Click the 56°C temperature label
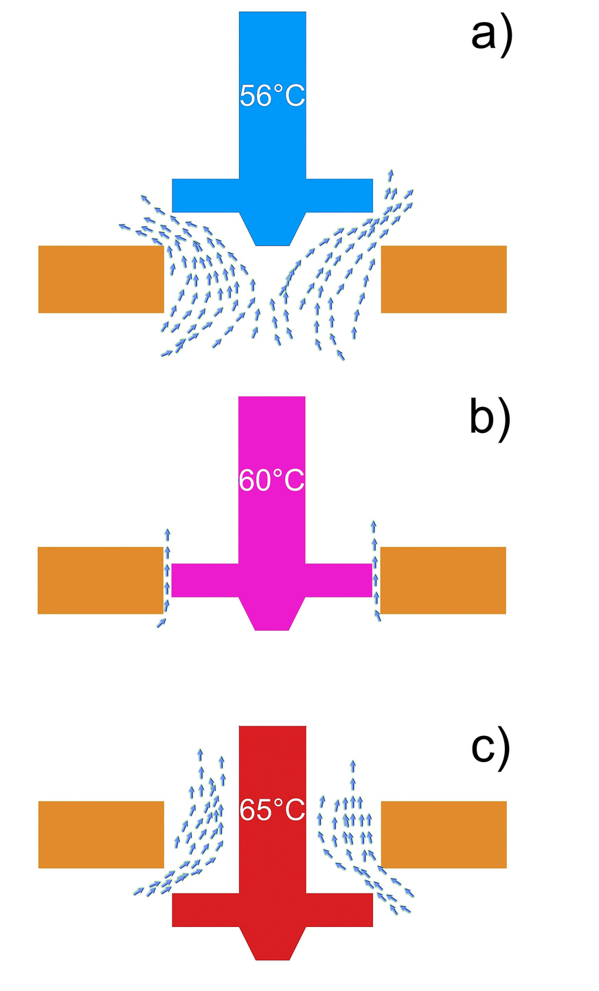pos(272,96)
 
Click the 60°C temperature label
pos(272,480)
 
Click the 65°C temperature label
pos(272,810)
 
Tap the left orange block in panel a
pos(101,279)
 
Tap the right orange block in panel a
pos(444,279)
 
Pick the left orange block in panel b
pos(100,580)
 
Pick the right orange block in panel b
pos(443,580)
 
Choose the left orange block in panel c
pos(101,834)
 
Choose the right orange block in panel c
pos(444,834)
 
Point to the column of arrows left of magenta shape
pos(166,577)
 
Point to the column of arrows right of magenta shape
pos(375,570)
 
